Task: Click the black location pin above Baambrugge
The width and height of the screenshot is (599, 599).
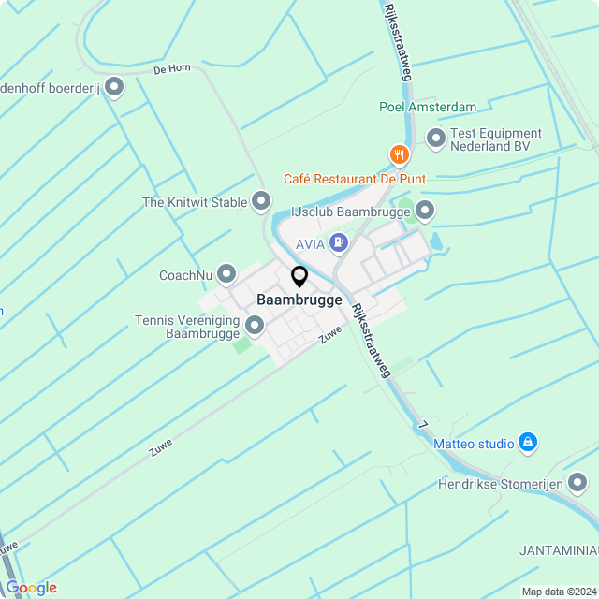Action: (299, 277)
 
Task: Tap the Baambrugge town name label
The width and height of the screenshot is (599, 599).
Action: (299, 300)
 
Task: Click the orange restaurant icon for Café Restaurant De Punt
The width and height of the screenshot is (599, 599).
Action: (400, 154)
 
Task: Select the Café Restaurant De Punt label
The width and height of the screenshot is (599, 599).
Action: (355, 179)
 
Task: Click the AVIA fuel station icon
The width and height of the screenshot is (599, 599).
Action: (338, 244)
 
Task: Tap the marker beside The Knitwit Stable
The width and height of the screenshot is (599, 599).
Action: (261, 201)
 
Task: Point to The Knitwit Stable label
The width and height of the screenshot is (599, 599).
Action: (195, 202)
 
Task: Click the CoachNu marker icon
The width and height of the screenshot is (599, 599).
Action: (226, 274)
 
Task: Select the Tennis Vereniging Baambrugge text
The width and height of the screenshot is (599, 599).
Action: (187, 327)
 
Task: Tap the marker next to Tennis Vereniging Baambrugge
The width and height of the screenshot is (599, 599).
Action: (255, 326)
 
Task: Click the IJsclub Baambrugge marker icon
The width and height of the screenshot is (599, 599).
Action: (426, 211)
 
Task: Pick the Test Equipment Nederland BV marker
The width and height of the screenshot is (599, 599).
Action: (435, 139)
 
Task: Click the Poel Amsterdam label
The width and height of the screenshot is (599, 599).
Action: (428, 108)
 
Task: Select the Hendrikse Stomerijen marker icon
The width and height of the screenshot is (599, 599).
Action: (578, 483)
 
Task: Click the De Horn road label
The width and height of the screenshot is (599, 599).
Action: (172, 68)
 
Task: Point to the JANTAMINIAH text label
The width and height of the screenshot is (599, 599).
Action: (559, 548)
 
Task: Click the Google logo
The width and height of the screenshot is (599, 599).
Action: (31, 588)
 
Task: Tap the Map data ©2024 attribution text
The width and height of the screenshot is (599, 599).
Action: (559, 592)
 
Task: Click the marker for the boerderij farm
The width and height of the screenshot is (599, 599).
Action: (114, 88)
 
